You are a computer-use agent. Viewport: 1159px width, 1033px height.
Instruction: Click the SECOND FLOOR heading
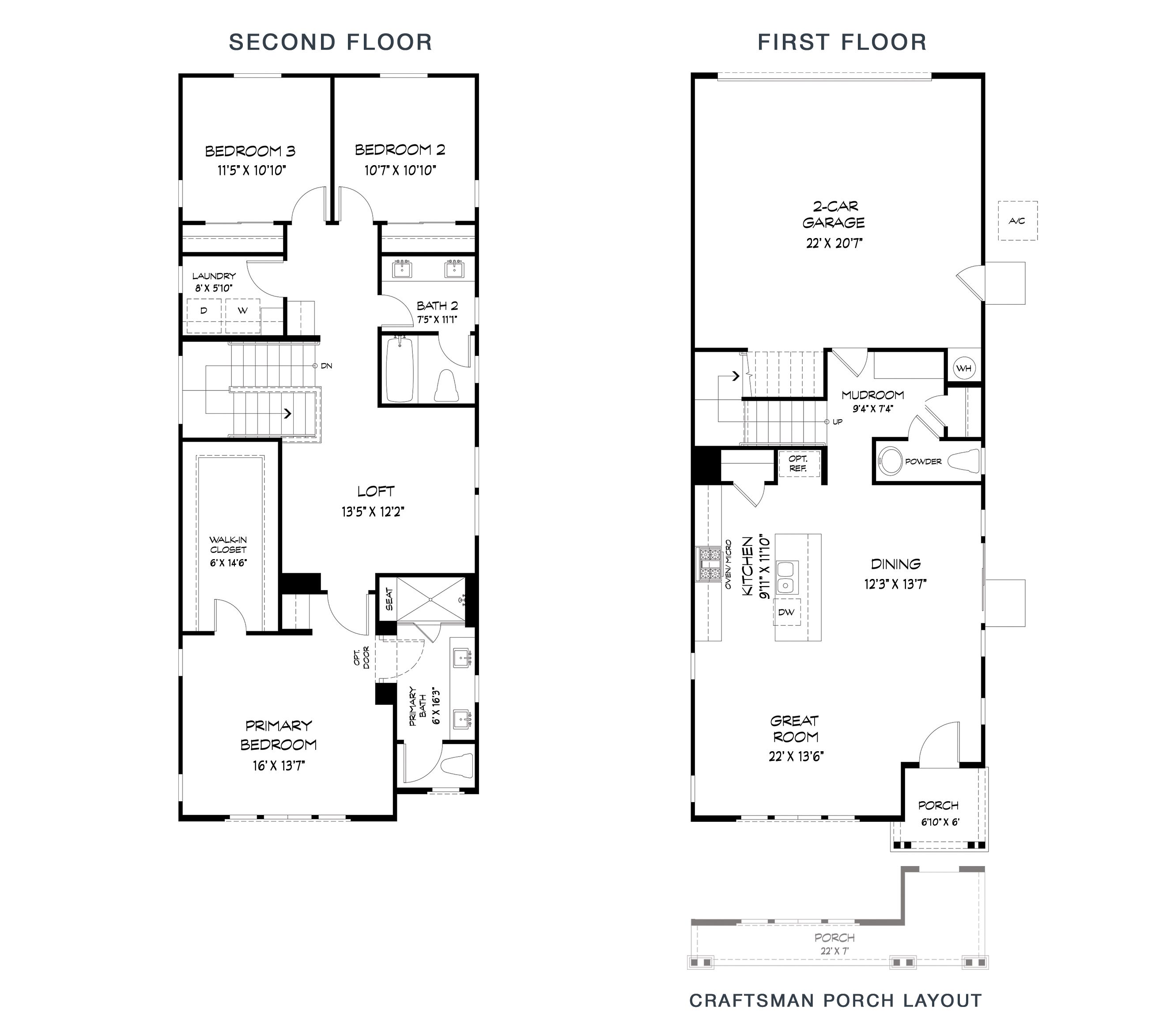coord(331,42)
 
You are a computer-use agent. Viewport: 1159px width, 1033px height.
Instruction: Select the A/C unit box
coord(1018,221)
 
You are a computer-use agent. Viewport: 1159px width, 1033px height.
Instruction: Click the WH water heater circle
coord(964,368)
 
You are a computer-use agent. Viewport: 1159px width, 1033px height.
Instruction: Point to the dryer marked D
coord(204,316)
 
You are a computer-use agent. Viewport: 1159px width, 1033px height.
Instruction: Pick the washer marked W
coord(243,316)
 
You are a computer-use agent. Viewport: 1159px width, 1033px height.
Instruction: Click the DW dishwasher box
coord(786,612)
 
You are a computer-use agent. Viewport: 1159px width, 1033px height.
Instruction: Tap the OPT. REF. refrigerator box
coord(798,464)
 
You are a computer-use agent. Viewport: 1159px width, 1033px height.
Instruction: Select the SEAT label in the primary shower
coord(389,599)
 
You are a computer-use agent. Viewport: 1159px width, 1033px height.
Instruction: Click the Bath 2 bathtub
coord(400,368)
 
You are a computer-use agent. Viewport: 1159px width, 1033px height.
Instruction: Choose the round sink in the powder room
coord(890,462)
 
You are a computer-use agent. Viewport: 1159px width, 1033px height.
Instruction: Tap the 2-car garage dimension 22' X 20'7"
coord(834,243)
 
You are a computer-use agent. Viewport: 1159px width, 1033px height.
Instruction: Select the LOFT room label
coord(376,492)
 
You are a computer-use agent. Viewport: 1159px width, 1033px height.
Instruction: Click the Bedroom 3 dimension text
coord(251,170)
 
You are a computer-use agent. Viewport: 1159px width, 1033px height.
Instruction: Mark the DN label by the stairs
coord(326,366)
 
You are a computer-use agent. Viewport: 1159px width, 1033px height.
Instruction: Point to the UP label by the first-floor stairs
coord(837,422)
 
